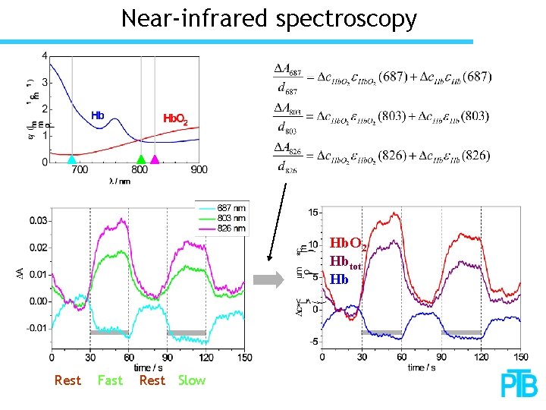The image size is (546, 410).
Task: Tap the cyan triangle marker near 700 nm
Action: (x=72, y=159)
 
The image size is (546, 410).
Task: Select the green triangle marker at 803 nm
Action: (x=140, y=159)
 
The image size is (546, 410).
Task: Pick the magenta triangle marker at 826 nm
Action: (x=155, y=159)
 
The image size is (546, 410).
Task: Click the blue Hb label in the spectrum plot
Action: (x=98, y=116)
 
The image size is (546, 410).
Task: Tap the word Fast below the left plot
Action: (x=110, y=380)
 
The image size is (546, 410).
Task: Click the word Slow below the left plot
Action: (x=192, y=380)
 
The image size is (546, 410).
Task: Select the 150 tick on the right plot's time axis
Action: (x=520, y=356)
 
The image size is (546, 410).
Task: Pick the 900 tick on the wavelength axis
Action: (x=199, y=171)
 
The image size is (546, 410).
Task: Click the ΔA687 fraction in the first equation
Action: (x=287, y=78)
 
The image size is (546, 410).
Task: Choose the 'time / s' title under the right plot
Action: (x=422, y=367)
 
